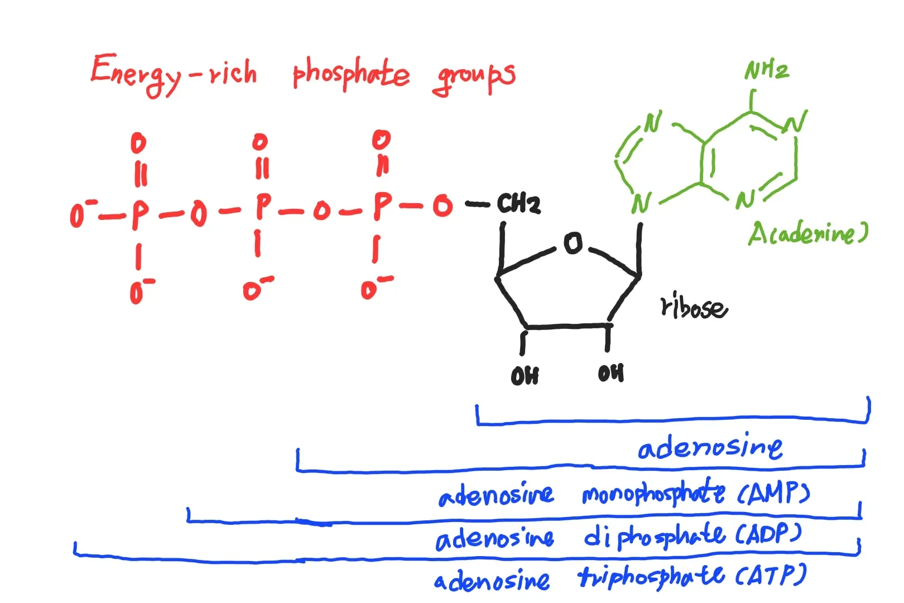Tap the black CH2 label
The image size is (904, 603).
[518, 203]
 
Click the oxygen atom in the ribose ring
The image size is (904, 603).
[573, 243]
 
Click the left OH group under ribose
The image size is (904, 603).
[525, 376]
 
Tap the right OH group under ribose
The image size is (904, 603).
[611, 373]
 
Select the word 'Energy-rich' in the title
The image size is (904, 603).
[174, 75]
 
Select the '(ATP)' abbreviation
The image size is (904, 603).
[771, 575]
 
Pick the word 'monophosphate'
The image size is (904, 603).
[654, 492]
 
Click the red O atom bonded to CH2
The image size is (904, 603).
[443, 205]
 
